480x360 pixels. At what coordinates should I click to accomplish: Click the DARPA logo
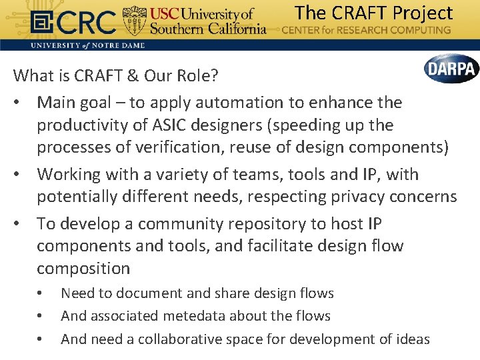[x=451, y=69]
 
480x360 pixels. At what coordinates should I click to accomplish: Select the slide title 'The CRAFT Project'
[x=373, y=12]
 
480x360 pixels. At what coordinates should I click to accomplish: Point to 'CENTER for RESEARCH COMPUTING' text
[x=366, y=30]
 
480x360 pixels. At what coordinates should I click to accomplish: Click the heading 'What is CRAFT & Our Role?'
[x=116, y=75]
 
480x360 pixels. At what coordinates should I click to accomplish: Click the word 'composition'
[x=83, y=269]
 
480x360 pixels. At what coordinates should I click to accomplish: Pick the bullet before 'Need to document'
[x=41, y=293]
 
